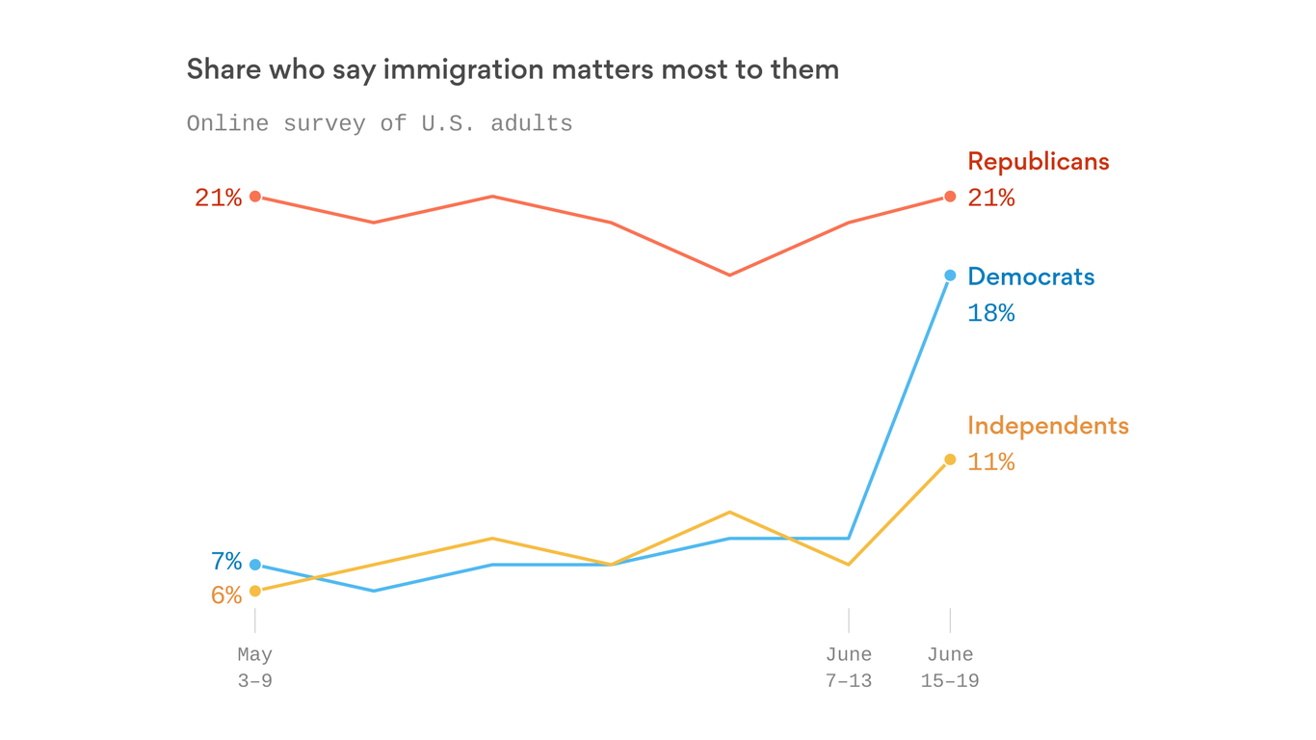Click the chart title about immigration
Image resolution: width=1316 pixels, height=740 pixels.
512,70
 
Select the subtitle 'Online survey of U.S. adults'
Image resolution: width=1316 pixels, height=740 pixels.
380,123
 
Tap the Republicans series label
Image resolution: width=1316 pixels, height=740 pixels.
1038,161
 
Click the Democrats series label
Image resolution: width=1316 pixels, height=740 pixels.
1031,277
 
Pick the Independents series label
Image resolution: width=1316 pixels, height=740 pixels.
1047,425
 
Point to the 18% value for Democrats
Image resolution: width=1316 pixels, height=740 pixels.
990,313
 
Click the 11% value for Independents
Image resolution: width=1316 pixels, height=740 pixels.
990,462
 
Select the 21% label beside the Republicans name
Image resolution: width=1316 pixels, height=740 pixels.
990,198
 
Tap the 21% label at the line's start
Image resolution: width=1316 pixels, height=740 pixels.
218,198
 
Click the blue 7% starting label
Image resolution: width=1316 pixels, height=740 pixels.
225,562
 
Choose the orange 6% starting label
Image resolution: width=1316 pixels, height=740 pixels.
225,595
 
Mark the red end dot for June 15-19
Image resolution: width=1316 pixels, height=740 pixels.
950,197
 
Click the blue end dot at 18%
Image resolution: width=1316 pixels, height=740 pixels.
950,276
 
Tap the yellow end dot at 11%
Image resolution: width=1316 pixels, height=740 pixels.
950,460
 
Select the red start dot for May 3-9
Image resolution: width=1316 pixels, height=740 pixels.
255,197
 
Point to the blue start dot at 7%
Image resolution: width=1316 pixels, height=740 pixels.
255,565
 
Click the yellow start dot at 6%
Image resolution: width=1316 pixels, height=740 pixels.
255,591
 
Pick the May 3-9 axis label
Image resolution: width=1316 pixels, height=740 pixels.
255,668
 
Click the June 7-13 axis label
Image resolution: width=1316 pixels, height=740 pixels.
848,668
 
